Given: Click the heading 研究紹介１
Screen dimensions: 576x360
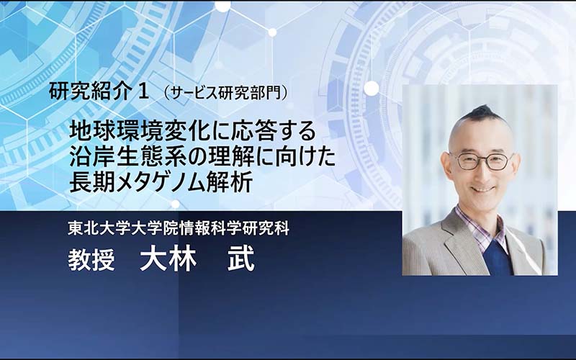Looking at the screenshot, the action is click(99, 92).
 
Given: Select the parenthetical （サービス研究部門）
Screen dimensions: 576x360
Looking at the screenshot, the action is click(225, 94).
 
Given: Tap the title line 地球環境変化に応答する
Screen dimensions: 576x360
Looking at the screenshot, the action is click(193, 132).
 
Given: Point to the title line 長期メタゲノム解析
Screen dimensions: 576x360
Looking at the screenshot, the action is click(161, 182).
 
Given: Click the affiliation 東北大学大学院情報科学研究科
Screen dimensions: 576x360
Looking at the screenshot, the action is click(179, 228).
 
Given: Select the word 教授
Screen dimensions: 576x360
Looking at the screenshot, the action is click(91, 260).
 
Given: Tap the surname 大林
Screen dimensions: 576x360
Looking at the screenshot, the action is click(168, 260).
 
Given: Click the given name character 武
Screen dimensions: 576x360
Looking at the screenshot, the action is click(241, 260).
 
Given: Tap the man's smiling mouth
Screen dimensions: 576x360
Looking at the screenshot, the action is click(482, 189).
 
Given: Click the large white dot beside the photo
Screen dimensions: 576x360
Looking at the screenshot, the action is click(372, 88).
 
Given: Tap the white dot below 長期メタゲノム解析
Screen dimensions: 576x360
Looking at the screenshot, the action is click(176, 204).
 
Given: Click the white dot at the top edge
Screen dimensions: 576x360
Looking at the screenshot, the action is click(222, 6).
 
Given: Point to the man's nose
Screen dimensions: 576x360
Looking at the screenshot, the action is click(482, 173).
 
